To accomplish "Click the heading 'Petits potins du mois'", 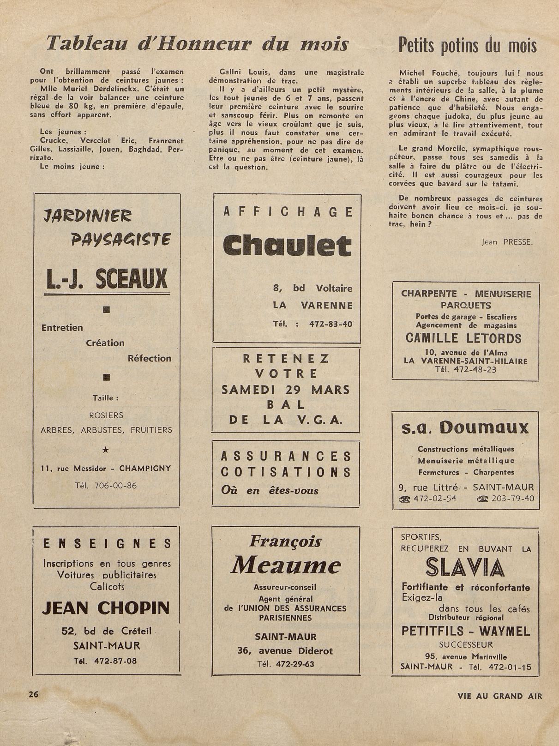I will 467,46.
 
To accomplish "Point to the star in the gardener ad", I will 106,449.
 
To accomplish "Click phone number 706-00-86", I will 115,485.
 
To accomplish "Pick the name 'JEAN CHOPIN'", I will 106,608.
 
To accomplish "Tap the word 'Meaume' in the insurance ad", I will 286,565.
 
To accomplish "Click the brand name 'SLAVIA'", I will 466,568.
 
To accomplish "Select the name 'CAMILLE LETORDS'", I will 463,338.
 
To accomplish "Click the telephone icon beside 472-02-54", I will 405,499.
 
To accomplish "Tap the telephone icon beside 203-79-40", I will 483,499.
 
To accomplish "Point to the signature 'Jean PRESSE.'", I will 507,241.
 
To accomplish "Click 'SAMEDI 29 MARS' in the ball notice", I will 286,389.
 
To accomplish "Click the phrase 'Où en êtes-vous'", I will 270,490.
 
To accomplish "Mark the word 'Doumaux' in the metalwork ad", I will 484,428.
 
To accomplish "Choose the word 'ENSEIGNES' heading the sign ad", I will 107,544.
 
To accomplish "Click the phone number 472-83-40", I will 331,324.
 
